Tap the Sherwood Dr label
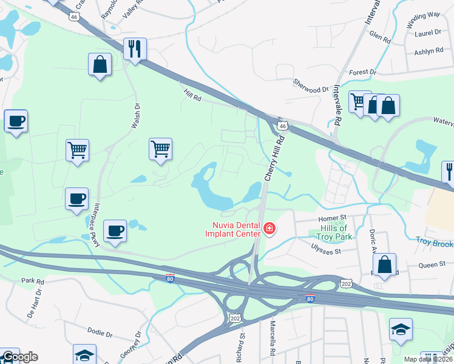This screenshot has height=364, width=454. coord(310,89)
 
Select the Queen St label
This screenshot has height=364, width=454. coord(433,264)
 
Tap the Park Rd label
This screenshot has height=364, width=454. coord(33,281)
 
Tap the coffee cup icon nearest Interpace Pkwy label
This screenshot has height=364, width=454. coord(115,231)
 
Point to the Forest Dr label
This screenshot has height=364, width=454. coord(363,72)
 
